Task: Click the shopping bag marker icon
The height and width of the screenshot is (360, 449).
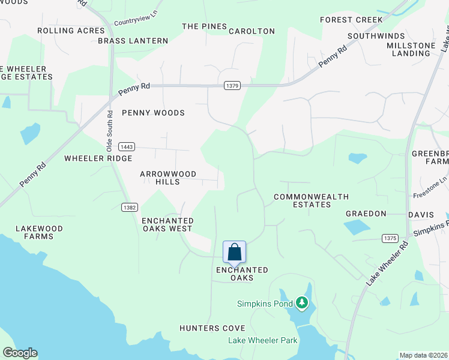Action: coord(234,252)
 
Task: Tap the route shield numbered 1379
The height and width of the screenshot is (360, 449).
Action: coord(233,86)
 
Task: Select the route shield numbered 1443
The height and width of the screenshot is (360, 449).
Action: coord(126,146)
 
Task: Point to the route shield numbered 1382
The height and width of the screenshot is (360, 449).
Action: coord(129,207)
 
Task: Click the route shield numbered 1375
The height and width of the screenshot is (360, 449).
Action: coord(390,238)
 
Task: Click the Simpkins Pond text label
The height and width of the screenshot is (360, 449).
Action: coord(264,304)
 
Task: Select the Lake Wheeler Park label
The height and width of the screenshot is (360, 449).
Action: coord(263,340)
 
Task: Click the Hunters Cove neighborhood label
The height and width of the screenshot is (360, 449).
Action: coord(212,328)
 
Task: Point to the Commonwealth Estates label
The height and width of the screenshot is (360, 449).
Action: coord(303,200)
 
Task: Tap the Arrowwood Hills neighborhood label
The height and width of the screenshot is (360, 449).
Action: coord(168,178)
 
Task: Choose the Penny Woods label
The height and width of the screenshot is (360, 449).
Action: coord(153,113)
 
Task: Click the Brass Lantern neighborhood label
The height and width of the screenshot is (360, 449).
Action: coord(133,41)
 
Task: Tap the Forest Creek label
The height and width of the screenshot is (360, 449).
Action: coord(351,20)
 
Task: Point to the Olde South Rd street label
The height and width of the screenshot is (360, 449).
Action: coord(110,130)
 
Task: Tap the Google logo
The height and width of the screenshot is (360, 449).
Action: coord(20,353)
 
